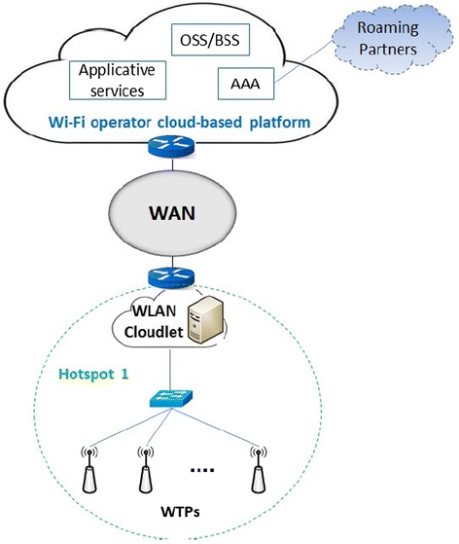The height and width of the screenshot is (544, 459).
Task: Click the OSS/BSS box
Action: [x=210, y=40]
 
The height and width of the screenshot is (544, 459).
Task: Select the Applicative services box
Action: [x=118, y=81]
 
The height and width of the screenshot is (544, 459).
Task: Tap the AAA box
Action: [x=246, y=84]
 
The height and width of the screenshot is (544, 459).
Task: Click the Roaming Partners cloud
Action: [x=392, y=39]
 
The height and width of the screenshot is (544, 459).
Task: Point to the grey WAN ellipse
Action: [x=172, y=213]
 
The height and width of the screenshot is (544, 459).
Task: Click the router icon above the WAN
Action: [x=171, y=148]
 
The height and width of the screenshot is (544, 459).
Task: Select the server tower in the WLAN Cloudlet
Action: [x=205, y=319]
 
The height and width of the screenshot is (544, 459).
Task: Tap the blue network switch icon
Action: [x=171, y=399]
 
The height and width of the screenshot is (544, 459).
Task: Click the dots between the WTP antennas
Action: [x=202, y=470]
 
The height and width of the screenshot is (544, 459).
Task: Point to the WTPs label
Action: [x=180, y=512]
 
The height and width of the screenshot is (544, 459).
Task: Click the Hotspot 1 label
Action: [x=93, y=374]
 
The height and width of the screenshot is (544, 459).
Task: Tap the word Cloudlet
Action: [x=154, y=333]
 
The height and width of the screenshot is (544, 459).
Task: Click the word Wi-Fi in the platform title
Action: [x=66, y=122]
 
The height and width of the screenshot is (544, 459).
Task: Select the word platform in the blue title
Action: [x=280, y=123]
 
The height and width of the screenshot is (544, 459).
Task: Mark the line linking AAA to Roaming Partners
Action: [x=304, y=61]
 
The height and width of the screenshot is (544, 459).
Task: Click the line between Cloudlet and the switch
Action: [x=170, y=369]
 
